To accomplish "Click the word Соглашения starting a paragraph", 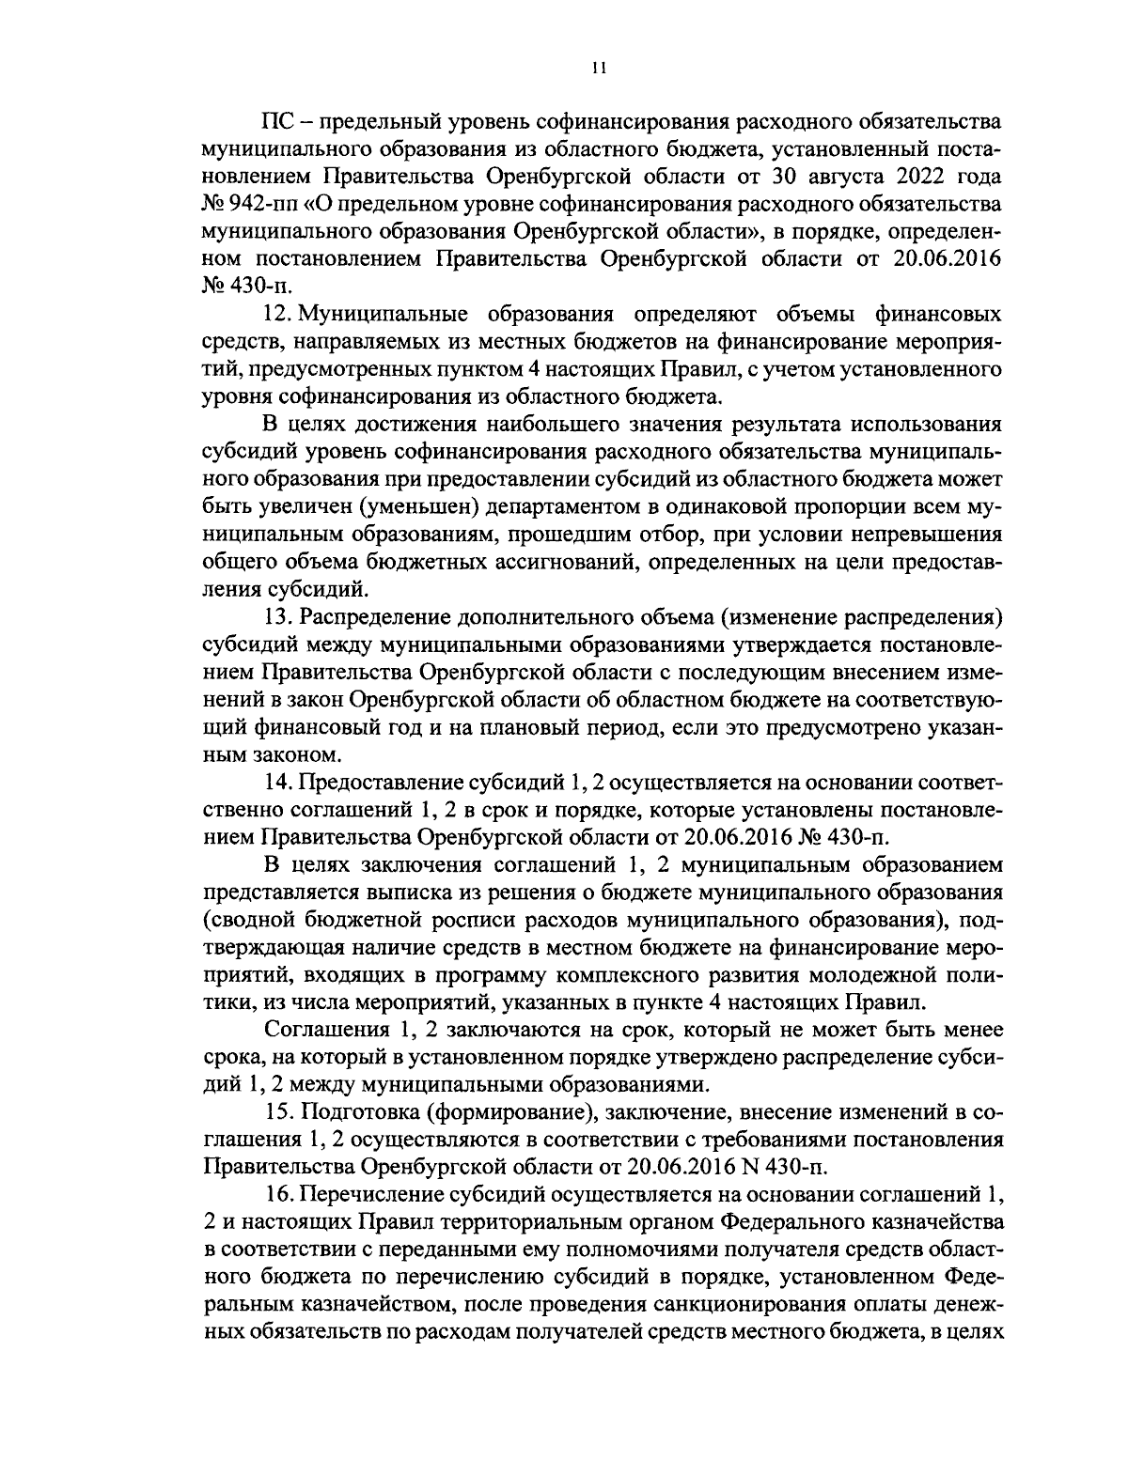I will point(326,1031).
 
